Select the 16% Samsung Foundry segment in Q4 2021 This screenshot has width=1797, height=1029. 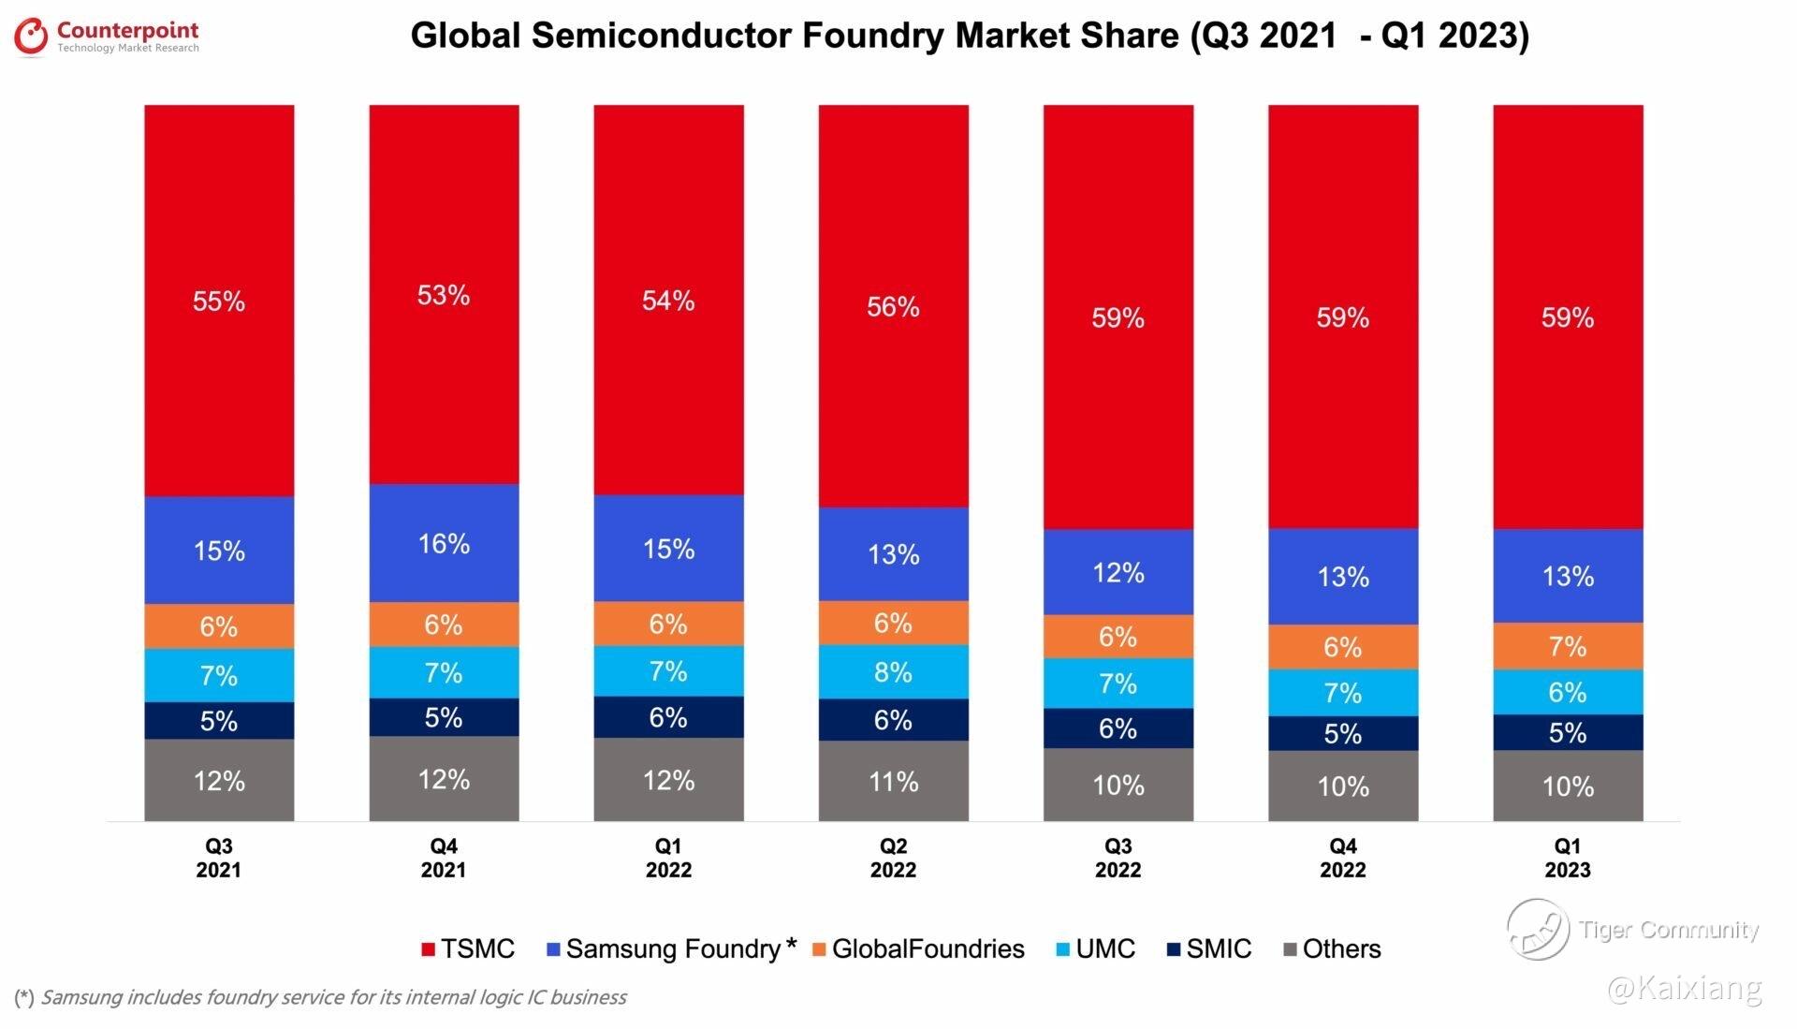tap(444, 543)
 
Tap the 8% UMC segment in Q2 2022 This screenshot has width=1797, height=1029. tap(893, 671)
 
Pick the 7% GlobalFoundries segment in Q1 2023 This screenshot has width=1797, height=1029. tap(1568, 646)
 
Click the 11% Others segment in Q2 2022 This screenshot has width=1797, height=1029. tap(893, 781)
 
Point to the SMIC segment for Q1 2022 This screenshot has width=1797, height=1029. tap(668, 717)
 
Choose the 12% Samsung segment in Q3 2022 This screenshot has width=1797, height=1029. tap(1118, 572)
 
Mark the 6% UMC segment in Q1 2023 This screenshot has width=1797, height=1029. tap(1568, 692)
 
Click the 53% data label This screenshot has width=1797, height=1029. tap(444, 296)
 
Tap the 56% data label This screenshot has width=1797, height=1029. tap(893, 307)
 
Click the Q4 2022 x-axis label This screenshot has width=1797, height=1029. tap(1343, 858)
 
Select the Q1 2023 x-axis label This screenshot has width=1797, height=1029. tap(1568, 858)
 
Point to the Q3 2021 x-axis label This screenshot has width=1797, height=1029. tap(219, 858)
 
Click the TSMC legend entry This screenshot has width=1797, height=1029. tap(468, 948)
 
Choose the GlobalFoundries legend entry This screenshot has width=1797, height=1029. tap(917, 948)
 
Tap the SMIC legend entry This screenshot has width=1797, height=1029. tap(1208, 948)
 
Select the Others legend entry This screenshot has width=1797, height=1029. tap(1331, 948)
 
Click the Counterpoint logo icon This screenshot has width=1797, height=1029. tap(31, 37)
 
